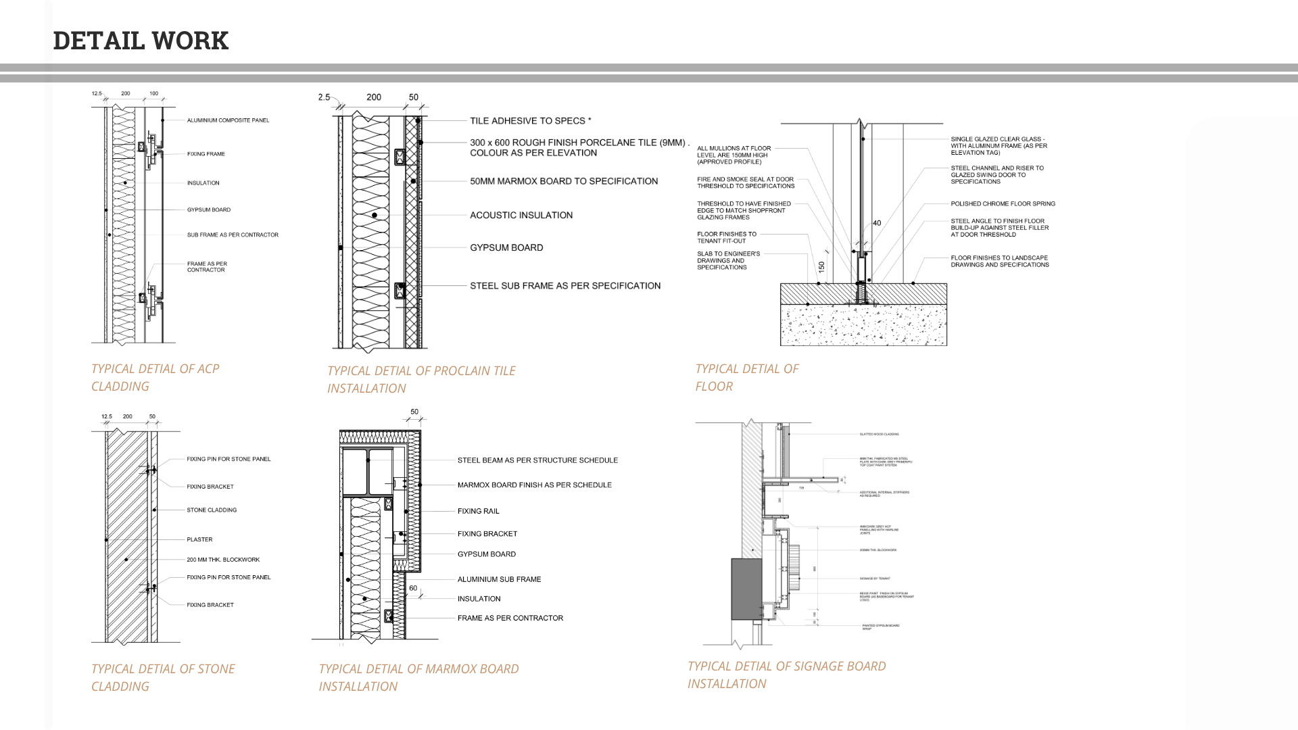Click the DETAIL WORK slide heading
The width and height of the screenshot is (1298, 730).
pyautogui.click(x=141, y=41)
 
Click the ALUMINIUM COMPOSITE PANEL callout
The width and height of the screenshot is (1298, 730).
pyautogui.click(x=228, y=120)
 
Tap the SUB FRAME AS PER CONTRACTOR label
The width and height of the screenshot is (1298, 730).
pyautogui.click(x=233, y=235)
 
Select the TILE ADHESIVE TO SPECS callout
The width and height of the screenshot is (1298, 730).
pyautogui.click(x=530, y=121)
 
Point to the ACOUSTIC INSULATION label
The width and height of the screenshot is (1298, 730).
pyautogui.click(x=521, y=215)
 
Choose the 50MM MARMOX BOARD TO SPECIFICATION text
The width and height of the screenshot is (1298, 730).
pyautogui.click(x=564, y=181)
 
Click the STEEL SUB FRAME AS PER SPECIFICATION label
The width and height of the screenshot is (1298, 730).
pyautogui.click(x=565, y=286)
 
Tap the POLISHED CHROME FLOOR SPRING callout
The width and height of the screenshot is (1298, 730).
pyautogui.click(x=1003, y=203)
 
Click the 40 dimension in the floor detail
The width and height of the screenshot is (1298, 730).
pyautogui.click(x=877, y=223)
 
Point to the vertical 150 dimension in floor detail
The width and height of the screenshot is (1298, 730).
pyautogui.click(x=821, y=267)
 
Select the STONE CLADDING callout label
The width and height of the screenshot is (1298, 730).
pyautogui.click(x=212, y=510)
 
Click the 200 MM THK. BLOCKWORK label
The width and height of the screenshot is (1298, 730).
pyautogui.click(x=223, y=560)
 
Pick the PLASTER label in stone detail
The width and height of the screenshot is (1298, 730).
pyautogui.click(x=199, y=539)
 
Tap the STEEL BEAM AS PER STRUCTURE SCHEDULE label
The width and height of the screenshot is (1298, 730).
pyautogui.click(x=537, y=460)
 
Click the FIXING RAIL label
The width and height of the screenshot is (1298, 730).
pyautogui.click(x=478, y=511)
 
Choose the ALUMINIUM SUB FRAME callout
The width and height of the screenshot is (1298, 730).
pyautogui.click(x=499, y=579)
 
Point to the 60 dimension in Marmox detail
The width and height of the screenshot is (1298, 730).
pyautogui.click(x=413, y=588)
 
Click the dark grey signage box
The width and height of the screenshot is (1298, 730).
pyautogui.click(x=747, y=589)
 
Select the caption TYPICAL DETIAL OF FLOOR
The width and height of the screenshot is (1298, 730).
pyautogui.click(x=746, y=377)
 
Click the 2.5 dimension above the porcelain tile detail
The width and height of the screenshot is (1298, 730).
pyautogui.click(x=324, y=97)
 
